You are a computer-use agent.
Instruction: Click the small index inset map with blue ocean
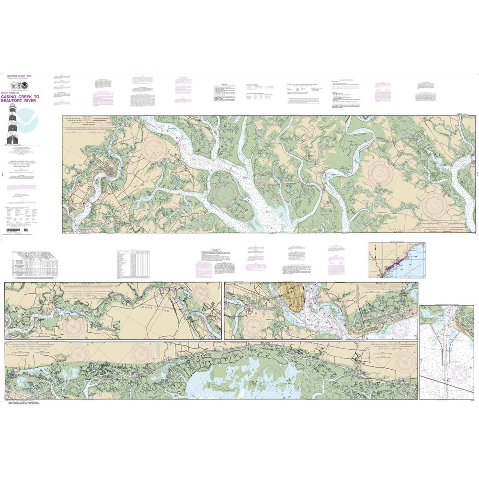(x=397, y=260)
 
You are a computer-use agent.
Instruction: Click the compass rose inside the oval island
(x=225, y=194)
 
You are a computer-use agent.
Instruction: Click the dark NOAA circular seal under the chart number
(x=11, y=84)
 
